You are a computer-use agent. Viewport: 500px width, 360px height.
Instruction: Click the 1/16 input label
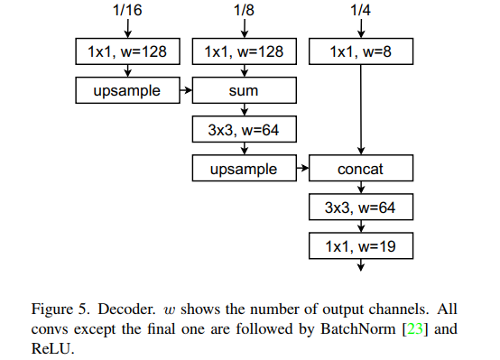(127, 12)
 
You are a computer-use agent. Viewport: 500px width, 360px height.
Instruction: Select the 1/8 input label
(244, 12)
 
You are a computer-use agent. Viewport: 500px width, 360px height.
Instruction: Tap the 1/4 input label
(361, 12)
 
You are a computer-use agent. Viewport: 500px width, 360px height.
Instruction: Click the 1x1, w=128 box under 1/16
(127, 52)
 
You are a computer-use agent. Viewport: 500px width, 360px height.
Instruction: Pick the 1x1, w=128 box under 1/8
(244, 52)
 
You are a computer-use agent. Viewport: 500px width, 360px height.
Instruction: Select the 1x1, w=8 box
(360, 52)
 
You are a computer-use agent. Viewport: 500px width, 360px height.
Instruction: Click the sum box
(244, 91)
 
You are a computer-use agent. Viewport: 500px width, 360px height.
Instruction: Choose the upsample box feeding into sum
(127, 91)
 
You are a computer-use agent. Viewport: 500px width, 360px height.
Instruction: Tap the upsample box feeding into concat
(244, 169)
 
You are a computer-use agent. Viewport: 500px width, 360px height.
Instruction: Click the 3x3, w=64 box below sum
(244, 130)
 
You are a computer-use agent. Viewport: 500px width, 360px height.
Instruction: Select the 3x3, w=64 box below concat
(360, 208)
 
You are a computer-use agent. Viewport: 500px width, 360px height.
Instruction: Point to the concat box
(360, 169)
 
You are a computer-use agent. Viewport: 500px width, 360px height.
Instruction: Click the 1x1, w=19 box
(360, 245)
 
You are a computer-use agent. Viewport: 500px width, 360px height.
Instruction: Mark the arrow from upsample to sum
(186, 91)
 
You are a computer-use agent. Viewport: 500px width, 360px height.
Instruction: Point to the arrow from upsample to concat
(301, 169)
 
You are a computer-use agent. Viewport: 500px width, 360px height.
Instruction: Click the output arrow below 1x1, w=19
(361, 265)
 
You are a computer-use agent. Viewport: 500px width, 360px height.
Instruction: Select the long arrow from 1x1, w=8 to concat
(361, 108)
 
